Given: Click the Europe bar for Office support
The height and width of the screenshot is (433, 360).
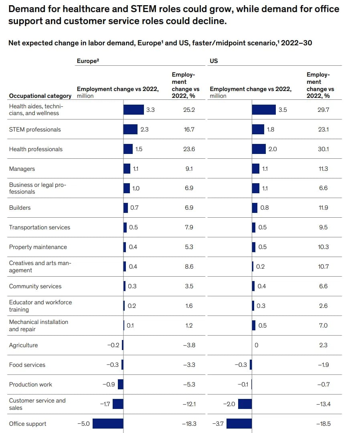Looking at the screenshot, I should pyautogui.click(x=108, y=424).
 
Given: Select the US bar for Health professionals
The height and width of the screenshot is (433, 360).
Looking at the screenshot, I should pyautogui.click(x=259, y=149).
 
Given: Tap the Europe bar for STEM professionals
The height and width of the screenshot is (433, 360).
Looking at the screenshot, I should pyautogui.click(x=130, y=129).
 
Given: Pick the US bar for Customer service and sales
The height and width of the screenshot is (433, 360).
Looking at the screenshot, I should pyautogui.click(x=245, y=404).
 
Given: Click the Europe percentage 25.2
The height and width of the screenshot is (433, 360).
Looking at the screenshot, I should pyautogui.click(x=189, y=109).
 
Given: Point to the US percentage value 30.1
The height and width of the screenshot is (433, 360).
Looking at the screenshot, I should pyautogui.click(x=323, y=149).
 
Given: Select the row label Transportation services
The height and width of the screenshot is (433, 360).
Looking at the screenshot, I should pyautogui.click(x=40, y=227).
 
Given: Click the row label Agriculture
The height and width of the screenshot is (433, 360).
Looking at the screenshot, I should pyautogui.click(x=23, y=345).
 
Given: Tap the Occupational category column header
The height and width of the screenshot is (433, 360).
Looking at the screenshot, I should pyautogui.click(x=40, y=96).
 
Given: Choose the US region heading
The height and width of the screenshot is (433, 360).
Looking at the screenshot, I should pyautogui.click(x=214, y=61).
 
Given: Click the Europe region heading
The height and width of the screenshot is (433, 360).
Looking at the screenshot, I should pyautogui.click(x=88, y=61).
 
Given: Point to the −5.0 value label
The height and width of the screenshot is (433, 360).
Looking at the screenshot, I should pyautogui.click(x=83, y=424).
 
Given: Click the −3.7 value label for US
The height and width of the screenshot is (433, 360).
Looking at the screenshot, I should pyautogui.click(x=218, y=424).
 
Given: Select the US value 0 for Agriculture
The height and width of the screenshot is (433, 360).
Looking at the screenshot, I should pyautogui.click(x=257, y=345).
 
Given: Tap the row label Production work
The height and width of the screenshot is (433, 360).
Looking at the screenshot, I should pyautogui.click(x=30, y=384).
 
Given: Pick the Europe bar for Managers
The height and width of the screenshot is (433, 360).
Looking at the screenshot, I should pyautogui.click(x=127, y=168).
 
